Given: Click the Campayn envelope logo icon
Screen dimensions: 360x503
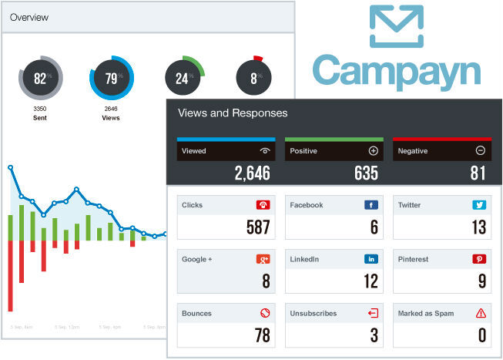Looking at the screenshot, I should point(396,26).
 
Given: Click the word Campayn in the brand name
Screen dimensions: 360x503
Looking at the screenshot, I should point(396,71).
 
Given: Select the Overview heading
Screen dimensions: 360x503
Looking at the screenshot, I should point(29,17).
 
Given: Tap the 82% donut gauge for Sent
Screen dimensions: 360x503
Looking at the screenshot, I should point(40,78).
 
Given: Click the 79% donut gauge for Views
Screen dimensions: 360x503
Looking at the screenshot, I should point(111,78).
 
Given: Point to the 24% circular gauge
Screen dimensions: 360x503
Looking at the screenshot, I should point(183,78).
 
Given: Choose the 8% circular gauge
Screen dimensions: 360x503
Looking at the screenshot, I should point(253,78).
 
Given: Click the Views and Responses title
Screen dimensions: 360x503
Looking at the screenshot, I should point(233,113).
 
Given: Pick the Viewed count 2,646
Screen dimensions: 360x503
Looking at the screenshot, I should point(252,173).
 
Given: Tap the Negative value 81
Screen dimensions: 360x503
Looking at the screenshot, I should point(478,173).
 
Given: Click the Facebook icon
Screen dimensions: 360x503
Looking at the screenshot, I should point(371,205).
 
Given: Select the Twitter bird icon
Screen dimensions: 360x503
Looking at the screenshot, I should point(479,205).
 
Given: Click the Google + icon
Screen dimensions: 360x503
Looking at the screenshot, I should point(263,259).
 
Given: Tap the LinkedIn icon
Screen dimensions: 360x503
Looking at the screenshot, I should point(371,259).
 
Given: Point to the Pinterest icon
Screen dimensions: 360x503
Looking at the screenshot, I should point(479,259).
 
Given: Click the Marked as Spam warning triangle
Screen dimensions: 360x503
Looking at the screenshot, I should point(481,313).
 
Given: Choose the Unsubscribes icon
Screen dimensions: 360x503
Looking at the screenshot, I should point(372,313).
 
